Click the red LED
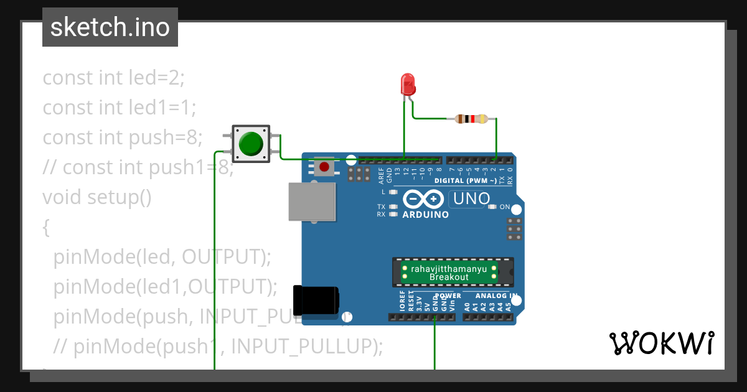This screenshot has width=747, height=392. (408, 84)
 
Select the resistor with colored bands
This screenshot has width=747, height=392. (472, 119)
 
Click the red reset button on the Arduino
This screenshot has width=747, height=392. (324, 167)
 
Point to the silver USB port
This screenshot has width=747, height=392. (312, 202)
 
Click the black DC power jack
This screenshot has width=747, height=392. (316, 300)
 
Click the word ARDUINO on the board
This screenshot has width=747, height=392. (426, 215)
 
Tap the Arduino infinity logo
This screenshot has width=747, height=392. (423, 199)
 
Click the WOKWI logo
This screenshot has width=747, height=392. (661, 343)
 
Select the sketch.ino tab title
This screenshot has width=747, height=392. (110, 27)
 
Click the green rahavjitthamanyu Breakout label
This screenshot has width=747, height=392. (449, 273)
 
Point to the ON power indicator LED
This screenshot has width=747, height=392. (492, 207)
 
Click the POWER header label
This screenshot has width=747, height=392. (448, 296)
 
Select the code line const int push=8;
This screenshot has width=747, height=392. (123, 138)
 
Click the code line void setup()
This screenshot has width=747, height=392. (97, 197)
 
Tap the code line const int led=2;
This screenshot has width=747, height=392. (114, 78)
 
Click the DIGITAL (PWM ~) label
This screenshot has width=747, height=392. (466, 181)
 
